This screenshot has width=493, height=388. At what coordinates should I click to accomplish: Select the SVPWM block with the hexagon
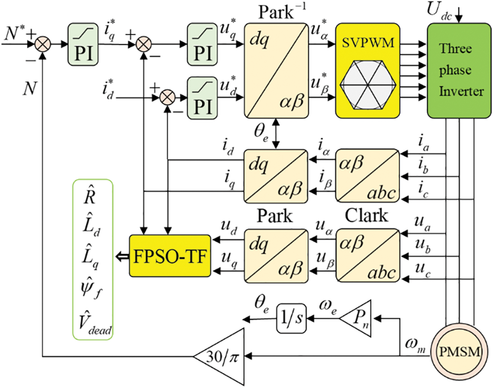pyautogui.click(x=367, y=71)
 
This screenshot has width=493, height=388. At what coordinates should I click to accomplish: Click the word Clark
pyautogui.click(x=367, y=216)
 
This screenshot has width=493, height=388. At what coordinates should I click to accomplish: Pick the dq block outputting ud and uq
pyautogui.click(x=277, y=256)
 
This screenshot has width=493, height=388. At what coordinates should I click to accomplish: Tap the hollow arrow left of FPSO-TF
pyautogui.click(x=121, y=256)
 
